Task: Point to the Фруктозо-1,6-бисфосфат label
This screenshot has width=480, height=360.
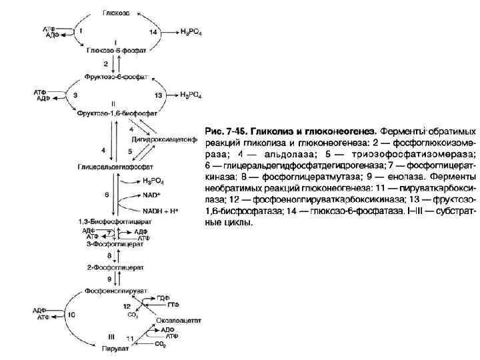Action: coord(113,114)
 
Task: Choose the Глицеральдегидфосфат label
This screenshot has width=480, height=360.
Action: coord(116,167)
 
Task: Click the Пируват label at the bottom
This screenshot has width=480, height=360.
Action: coord(114,347)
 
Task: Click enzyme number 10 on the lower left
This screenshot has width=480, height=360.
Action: coord(72,314)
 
